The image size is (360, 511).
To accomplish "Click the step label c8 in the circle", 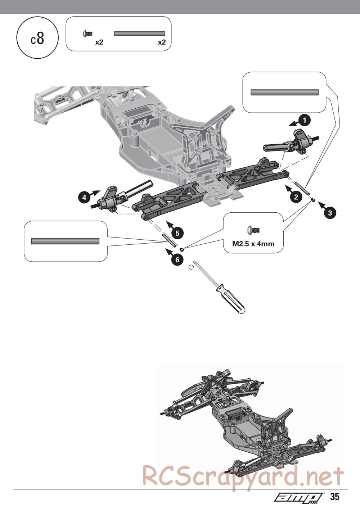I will coord(37,39).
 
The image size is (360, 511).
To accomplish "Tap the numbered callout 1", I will coord(305,120).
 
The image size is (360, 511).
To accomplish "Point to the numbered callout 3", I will coord(330,213).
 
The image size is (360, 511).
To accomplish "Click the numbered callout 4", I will coord(84,197).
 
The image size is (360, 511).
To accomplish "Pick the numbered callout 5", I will coord(178,233).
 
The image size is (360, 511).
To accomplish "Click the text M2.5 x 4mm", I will coord(253,244).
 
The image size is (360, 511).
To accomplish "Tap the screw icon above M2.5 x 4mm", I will coord(253,230).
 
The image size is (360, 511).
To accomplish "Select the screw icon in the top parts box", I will coord(87,34).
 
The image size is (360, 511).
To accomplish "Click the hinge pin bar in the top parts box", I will coord(139,33).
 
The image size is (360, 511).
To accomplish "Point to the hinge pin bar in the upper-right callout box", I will coord(284,92).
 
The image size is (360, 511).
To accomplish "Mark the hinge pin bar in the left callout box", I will coord(65,241).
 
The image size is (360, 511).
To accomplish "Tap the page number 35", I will coord(335,497).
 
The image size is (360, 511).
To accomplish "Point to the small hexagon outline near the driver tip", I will coord(191,267).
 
